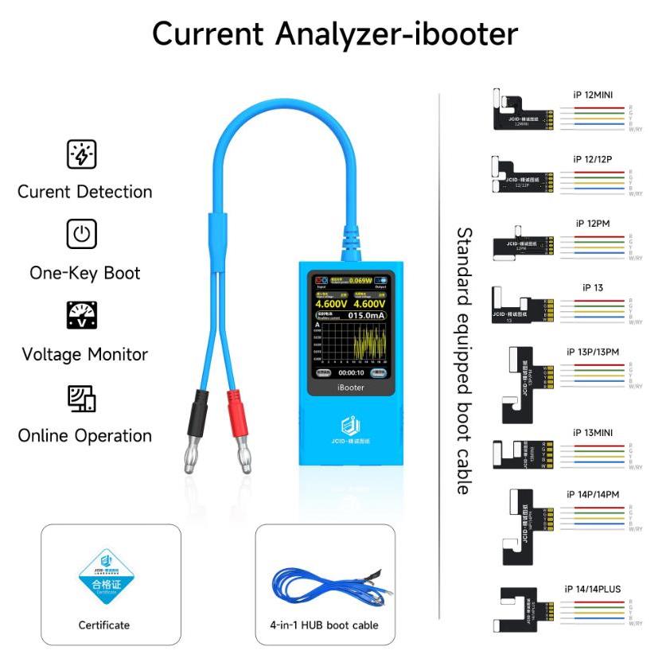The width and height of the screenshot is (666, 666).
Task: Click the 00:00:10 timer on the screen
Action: (351, 372)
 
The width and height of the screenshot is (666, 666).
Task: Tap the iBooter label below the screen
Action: (351, 388)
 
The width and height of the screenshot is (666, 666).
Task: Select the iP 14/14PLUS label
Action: (593, 589)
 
